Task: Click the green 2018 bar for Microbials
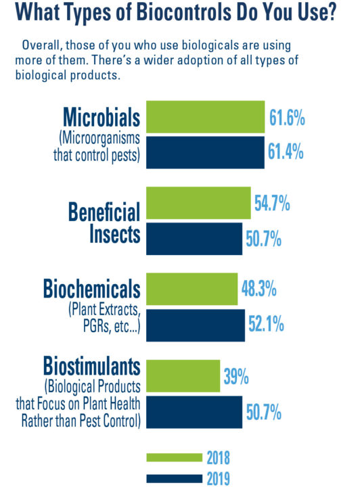(x=205, y=118)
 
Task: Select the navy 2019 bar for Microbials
(x=205, y=152)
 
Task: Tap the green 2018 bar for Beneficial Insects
(x=198, y=204)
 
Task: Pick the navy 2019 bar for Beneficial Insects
(x=194, y=237)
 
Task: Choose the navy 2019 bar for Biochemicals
(x=196, y=324)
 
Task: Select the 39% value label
(x=238, y=377)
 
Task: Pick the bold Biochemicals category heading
(x=91, y=289)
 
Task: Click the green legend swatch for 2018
(x=174, y=457)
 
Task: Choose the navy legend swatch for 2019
(x=174, y=478)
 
